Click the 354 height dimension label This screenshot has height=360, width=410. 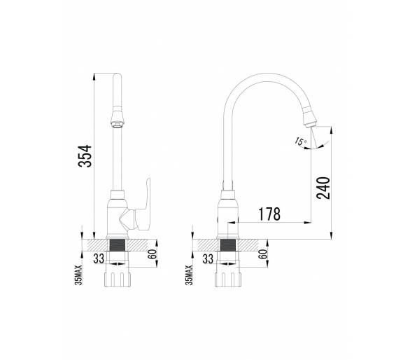click(x=85, y=156)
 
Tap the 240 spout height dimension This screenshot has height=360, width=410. click(x=323, y=188)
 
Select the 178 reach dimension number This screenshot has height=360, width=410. click(x=269, y=214)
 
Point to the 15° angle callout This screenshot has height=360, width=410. click(x=300, y=141)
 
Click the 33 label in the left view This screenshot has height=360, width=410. click(x=99, y=258)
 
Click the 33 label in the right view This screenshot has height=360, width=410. click(x=208, y=258)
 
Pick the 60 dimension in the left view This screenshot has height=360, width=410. click(x=152, y=254)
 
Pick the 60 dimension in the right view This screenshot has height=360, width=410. click(x=263, y=254)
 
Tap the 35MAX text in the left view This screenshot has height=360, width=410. click(x=78, y=275)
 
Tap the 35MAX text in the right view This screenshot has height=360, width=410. click(x=189, y=275)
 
